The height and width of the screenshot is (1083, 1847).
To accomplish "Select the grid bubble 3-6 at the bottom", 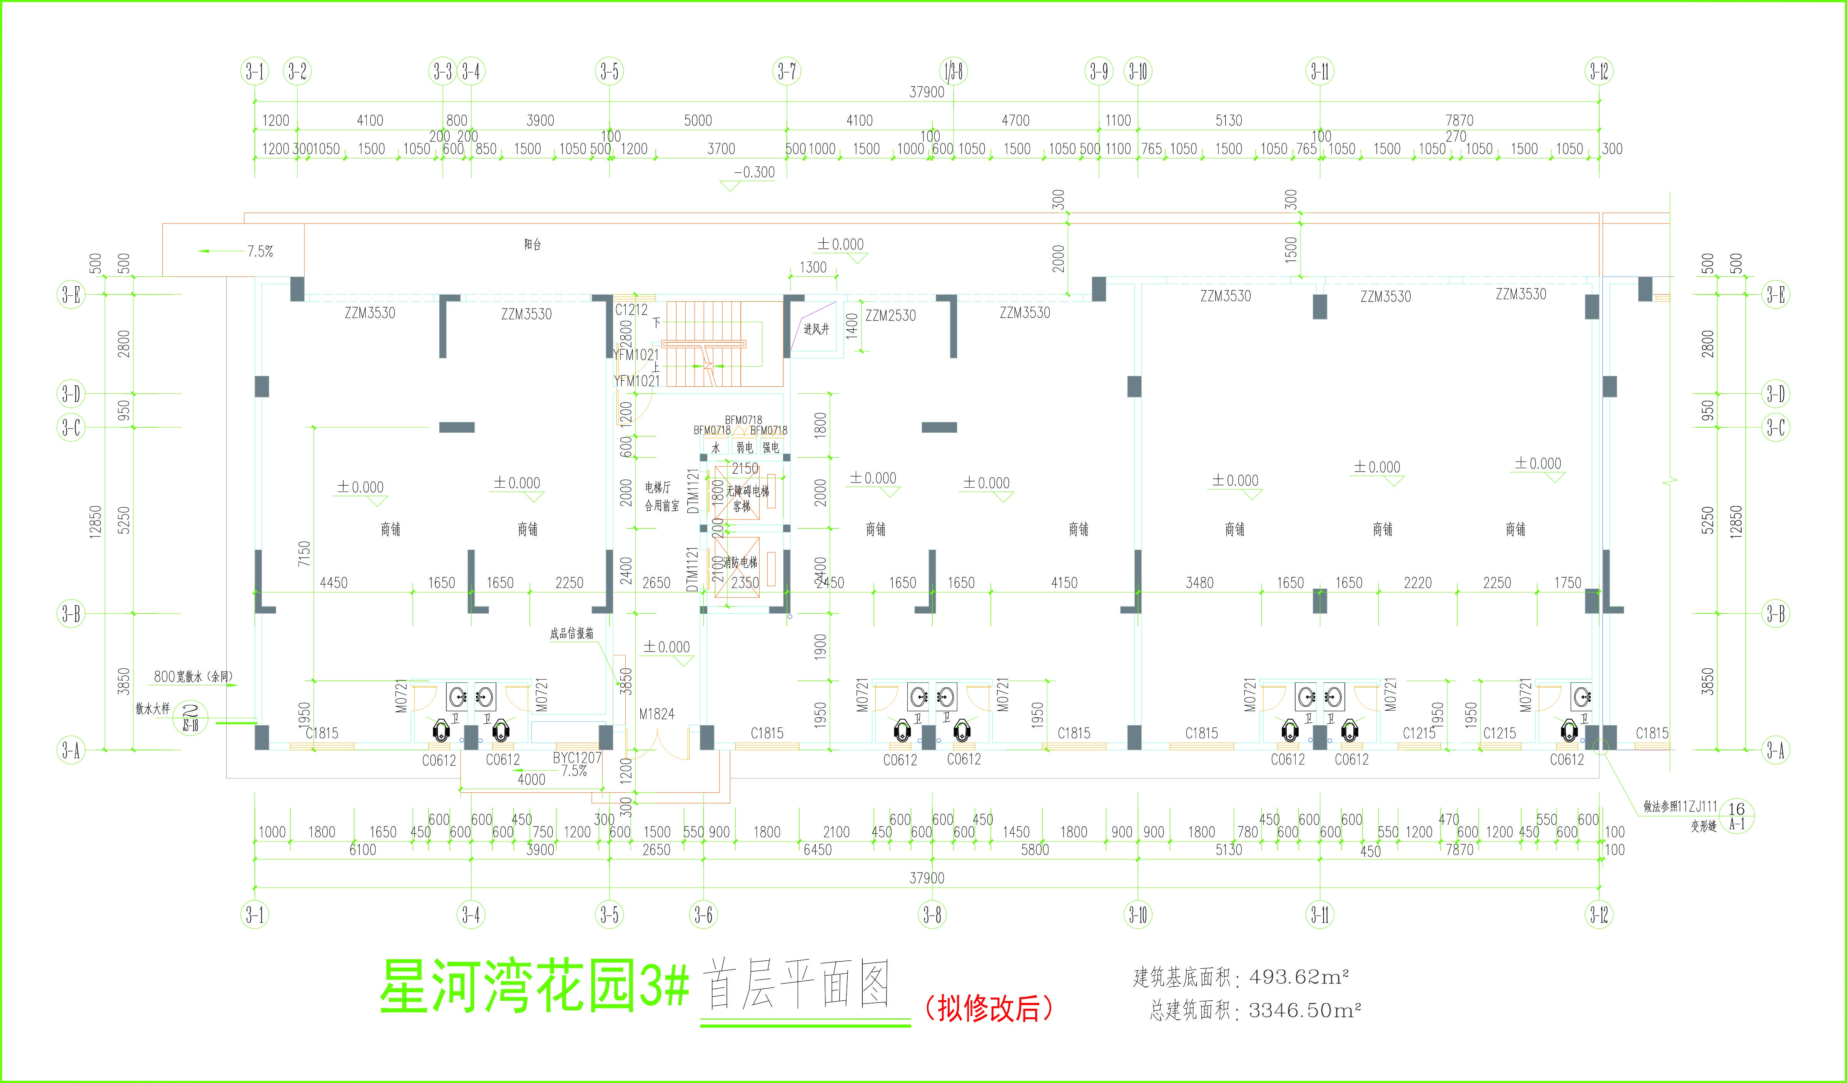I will coord(703,915).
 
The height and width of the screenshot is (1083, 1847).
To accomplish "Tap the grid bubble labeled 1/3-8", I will coord(953,71).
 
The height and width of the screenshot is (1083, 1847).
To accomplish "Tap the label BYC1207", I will coord(577,758).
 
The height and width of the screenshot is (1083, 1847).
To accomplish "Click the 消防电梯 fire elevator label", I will coord(740,562).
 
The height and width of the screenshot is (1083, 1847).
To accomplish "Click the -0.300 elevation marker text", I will coord(754,172).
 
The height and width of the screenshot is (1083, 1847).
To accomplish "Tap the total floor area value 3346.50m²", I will coord(1304,1010).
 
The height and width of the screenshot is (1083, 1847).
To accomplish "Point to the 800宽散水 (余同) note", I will coord(194,676).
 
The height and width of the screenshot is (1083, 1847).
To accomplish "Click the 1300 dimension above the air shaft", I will coord(813,267).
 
